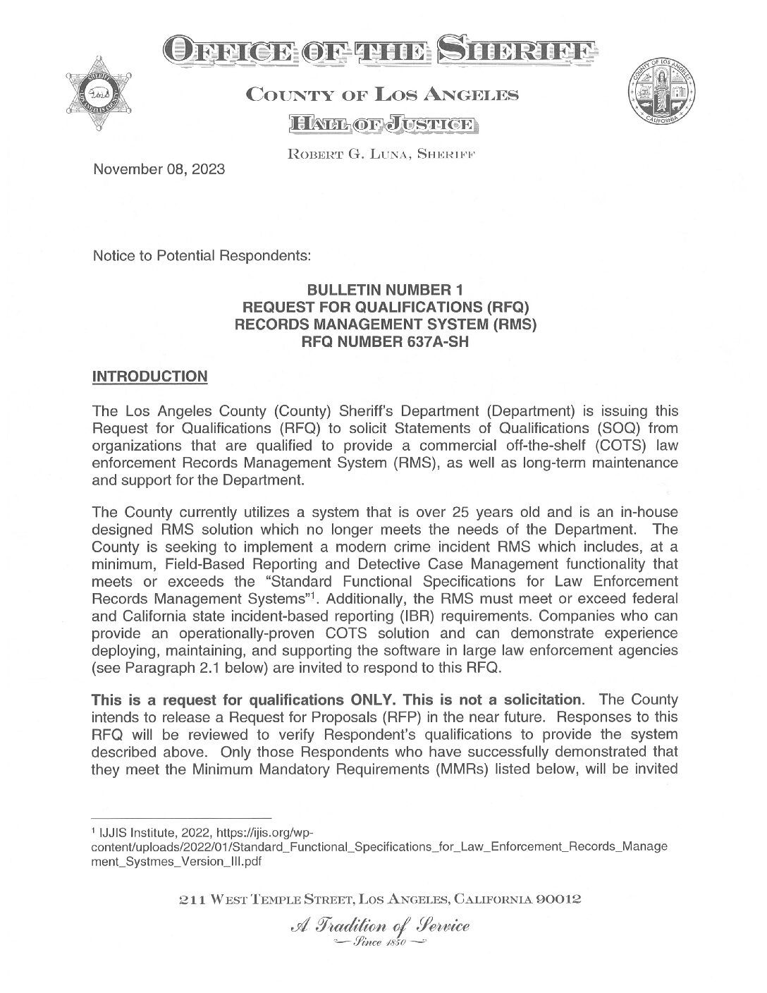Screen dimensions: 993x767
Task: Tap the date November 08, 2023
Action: coord(159,169)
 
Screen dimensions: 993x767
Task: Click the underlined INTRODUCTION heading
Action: coord(150,376)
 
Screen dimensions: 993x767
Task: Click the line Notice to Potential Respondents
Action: coord(202,256)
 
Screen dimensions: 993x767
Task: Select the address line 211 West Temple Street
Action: coord(381,899)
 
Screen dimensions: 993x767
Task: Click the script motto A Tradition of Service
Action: coord(379,926)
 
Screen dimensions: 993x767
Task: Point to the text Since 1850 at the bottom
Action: coord(380,943)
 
